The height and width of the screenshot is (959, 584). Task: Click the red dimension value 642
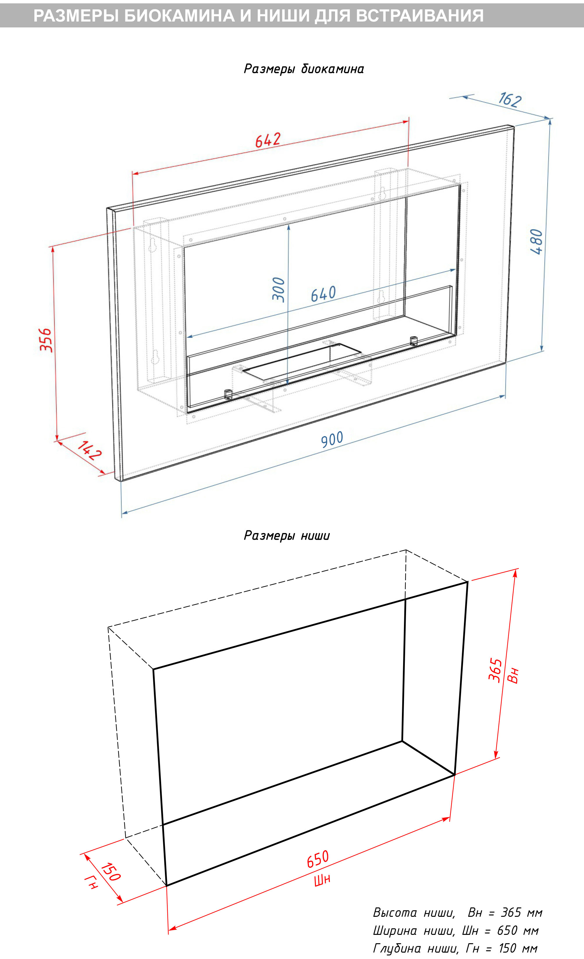(268, 140)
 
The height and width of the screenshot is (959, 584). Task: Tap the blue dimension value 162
(510, 100)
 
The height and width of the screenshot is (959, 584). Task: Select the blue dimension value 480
(537, 242)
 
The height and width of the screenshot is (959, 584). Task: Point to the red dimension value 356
(46, 340)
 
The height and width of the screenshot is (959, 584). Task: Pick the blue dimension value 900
(332, 439)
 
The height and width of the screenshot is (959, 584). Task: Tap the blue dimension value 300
(279, 290)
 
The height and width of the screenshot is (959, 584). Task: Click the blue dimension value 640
(323, 294)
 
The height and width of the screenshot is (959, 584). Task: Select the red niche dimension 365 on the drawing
(495, 670)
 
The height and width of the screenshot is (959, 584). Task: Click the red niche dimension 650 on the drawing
(318, 859)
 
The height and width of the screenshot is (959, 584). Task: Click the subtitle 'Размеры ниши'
(287, 536)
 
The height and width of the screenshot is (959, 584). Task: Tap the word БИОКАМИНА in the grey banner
(179, 16)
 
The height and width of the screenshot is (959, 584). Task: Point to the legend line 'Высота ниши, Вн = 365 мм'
(457, 913)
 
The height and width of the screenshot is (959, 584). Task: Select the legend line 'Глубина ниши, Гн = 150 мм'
(455, 949)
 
